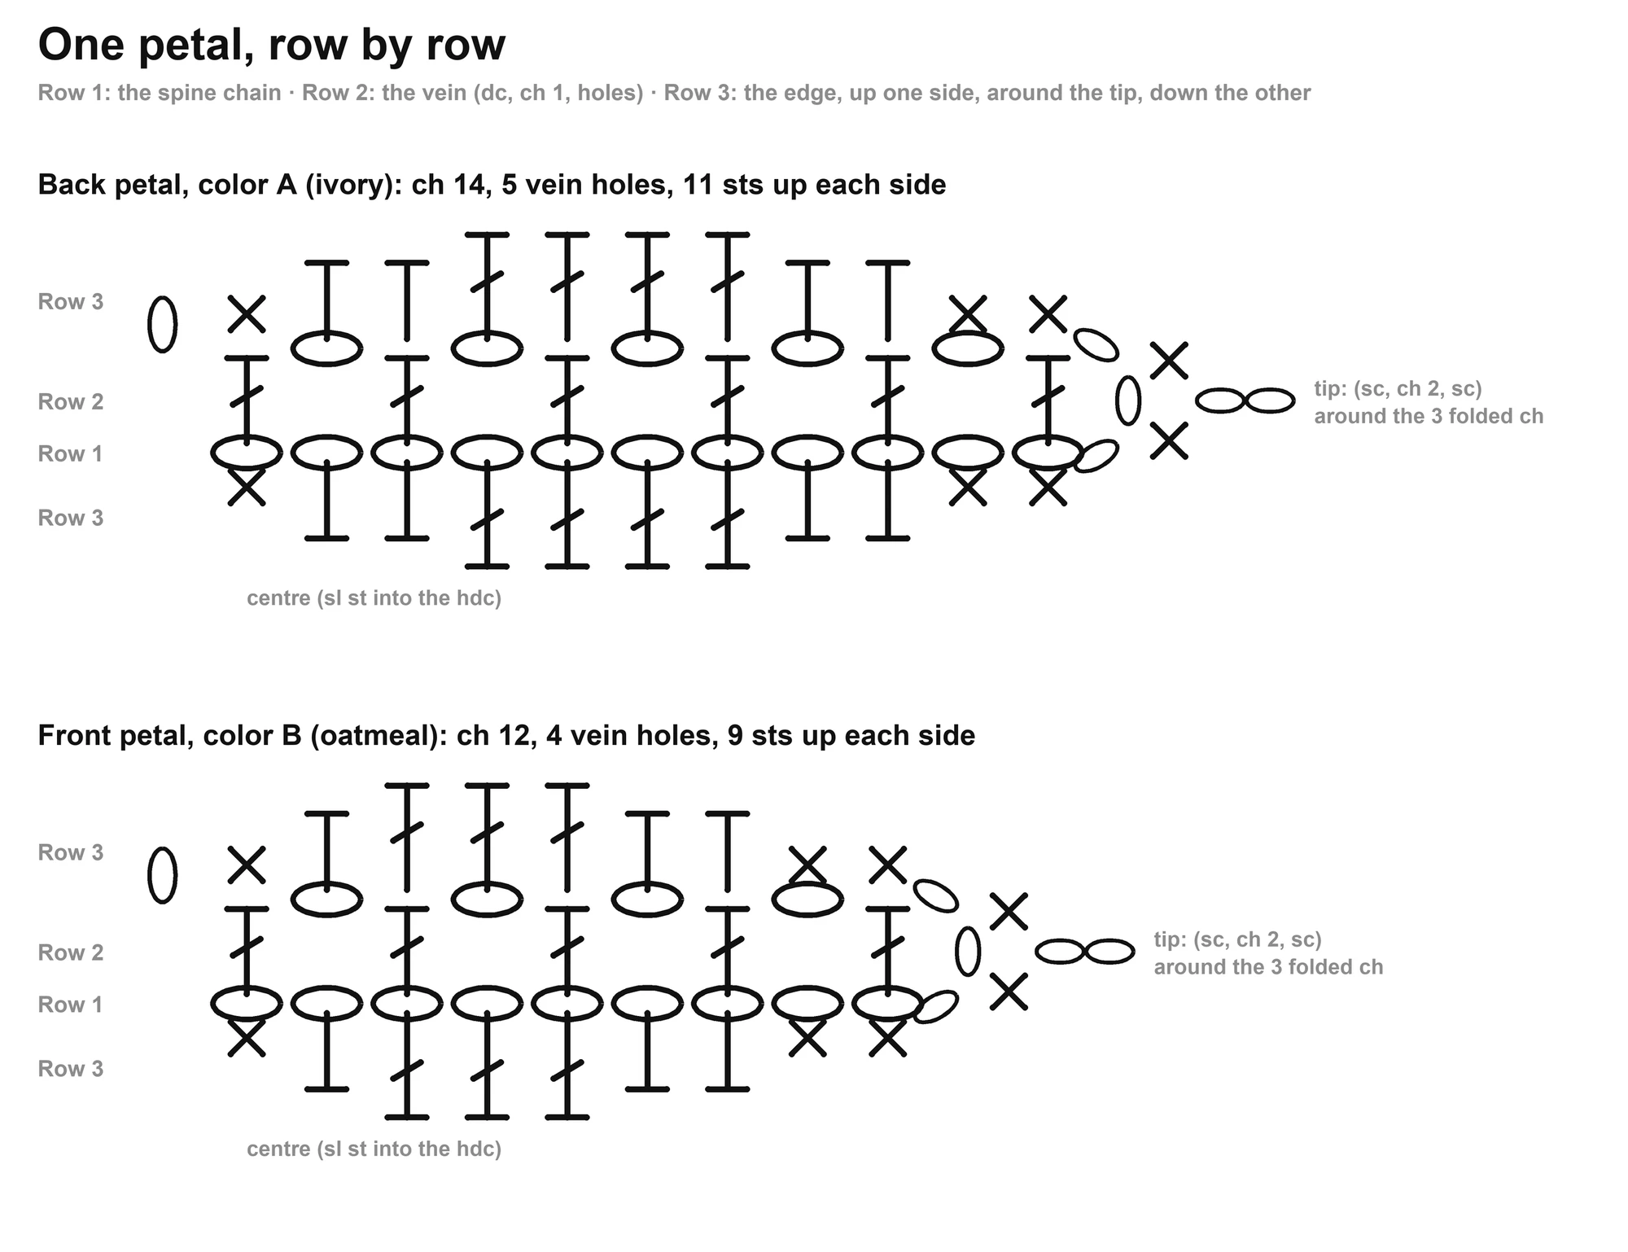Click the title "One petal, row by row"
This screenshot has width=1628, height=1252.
(272, 45)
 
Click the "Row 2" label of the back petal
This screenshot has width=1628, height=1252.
(71, 401)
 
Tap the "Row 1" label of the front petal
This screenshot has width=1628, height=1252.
(71, 1005)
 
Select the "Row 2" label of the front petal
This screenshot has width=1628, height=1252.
(71, 952)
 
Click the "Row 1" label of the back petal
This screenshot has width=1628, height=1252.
(71, 453)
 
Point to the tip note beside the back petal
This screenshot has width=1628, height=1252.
(1429, 402)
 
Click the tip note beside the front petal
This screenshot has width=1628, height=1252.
(1268, 953)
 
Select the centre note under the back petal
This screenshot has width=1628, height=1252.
(374, 598)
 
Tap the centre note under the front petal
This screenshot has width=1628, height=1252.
(374, 1149)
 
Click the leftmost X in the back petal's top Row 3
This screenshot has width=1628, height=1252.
(247, 314)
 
